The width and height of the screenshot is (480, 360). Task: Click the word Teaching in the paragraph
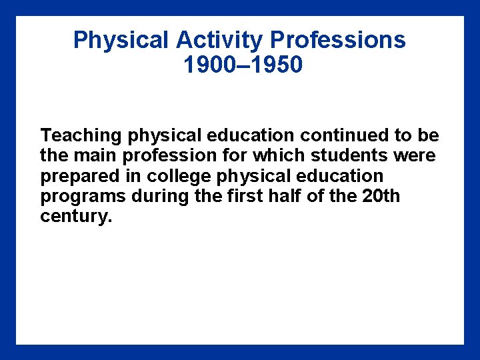tap(81, 135)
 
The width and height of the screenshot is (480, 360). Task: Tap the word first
tap(225, 197)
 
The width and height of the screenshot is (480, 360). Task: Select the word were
tap(417, 156)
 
